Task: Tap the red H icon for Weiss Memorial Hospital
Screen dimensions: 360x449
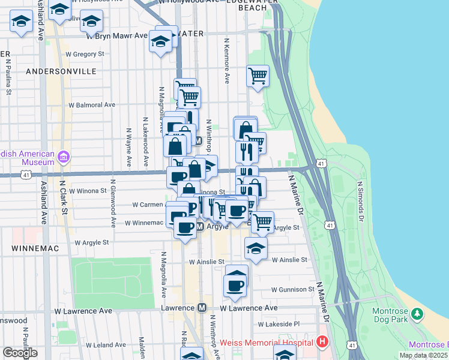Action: click(x=322, y=343)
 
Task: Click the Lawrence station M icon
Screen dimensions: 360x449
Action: click(x=202, y=308)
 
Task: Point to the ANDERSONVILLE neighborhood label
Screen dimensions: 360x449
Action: click(x=62, y=71)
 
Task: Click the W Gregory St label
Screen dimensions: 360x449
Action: click(x=85, y=54)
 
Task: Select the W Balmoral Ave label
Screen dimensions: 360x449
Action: click(x=91, y=104)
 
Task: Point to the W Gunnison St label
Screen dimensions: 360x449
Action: click(x=292, y=289)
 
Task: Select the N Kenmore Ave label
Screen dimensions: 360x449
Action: click(x=227, y=61)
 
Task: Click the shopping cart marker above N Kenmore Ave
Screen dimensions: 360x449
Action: click(x=258, y=76)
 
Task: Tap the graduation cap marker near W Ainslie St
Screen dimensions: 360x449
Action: click(x=256, y=248)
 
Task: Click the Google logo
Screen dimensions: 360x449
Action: click(x=20, y=353)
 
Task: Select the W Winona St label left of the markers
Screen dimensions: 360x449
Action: click(x=88, y=191)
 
